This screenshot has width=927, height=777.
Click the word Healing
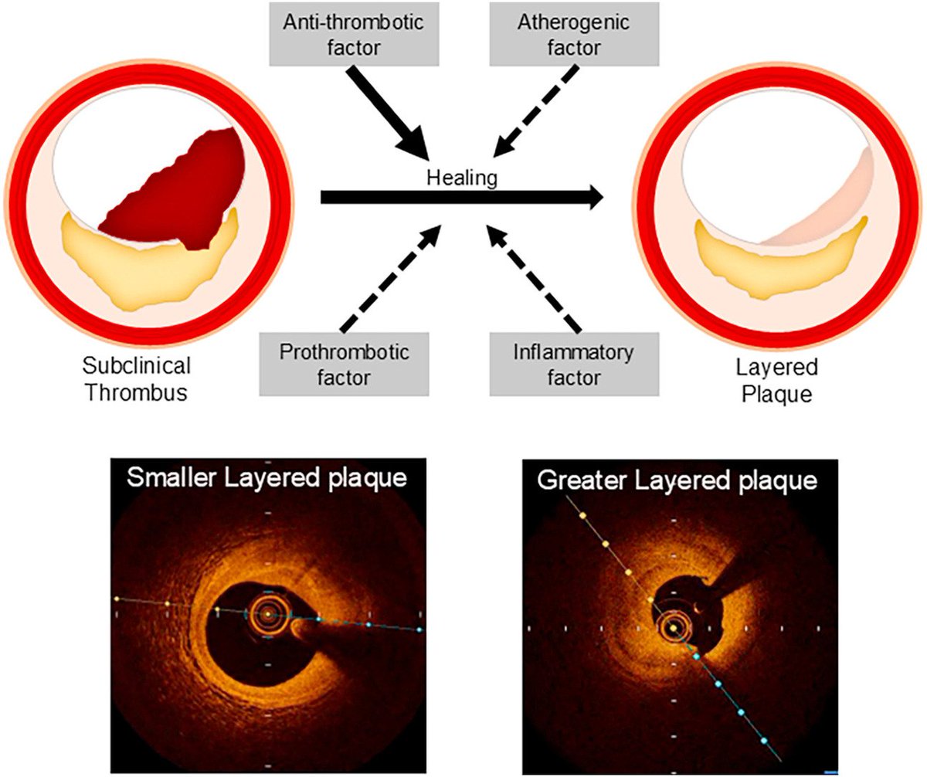(461, 178)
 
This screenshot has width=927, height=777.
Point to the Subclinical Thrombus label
(136, 378)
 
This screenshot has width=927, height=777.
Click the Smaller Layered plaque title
(268, 478)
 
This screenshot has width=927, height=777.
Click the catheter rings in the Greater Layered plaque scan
(672, 628)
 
